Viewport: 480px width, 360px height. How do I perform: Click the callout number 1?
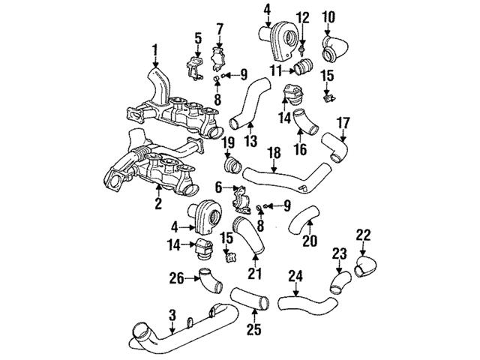154,51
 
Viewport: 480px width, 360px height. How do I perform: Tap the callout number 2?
158,202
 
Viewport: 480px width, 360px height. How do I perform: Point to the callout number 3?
172,314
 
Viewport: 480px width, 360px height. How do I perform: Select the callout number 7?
220,29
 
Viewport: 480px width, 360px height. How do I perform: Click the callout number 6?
218,187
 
